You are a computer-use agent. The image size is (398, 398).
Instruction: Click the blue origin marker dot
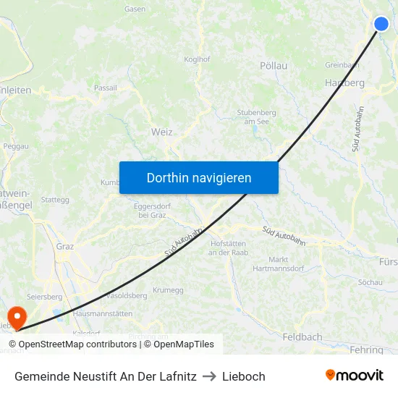tap(381, 24)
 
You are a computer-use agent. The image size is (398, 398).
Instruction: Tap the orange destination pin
tap(15, 316)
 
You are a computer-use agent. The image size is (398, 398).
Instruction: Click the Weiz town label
tap(162, 132)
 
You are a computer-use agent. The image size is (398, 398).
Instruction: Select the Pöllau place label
tap(274, 66)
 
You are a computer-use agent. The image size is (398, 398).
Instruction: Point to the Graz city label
tap(65, 246)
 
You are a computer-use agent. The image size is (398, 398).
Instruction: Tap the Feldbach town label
tap(302, 337)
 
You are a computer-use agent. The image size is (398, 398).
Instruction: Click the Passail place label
tap(106, 88)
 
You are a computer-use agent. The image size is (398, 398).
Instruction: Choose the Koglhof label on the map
tap(197, 59)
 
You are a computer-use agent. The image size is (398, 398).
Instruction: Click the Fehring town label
tap(366, 350)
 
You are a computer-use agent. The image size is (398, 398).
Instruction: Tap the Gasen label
tap(135, 9)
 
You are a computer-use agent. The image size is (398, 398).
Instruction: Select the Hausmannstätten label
tap(103, 313)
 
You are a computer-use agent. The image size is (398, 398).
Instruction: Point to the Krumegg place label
tap(169, 289)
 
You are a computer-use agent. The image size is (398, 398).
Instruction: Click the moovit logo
tap(354, 375)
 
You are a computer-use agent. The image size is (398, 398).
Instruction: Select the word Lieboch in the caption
tap(243, 376)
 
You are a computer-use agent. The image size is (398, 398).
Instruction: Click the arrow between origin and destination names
tap(209, 376)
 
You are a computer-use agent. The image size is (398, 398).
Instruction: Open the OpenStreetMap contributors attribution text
tap(73, 344)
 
